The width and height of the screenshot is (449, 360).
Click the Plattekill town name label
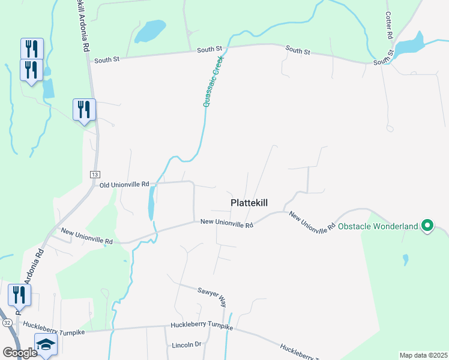click(249, 203)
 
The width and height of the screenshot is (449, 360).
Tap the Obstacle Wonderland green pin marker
click(427, 226)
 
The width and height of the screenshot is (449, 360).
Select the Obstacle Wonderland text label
click(378, 227)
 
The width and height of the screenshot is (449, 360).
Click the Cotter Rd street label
click(389, 26)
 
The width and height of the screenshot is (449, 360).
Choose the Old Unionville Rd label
click(124, 185)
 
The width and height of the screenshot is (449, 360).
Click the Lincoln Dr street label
click(186, 345)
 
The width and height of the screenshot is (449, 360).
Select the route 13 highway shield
click(95, 174)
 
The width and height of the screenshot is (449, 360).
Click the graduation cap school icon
click(46, 346)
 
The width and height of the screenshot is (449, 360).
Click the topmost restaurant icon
click(32, 49)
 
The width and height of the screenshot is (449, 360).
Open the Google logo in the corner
click(20, 353)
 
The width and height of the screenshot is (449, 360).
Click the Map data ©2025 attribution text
click(423, 355)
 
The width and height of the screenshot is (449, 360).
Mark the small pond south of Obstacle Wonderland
click(405, 259)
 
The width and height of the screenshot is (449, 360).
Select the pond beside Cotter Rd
click(409, 45)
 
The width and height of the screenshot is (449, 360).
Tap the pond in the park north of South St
click(149, 31)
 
